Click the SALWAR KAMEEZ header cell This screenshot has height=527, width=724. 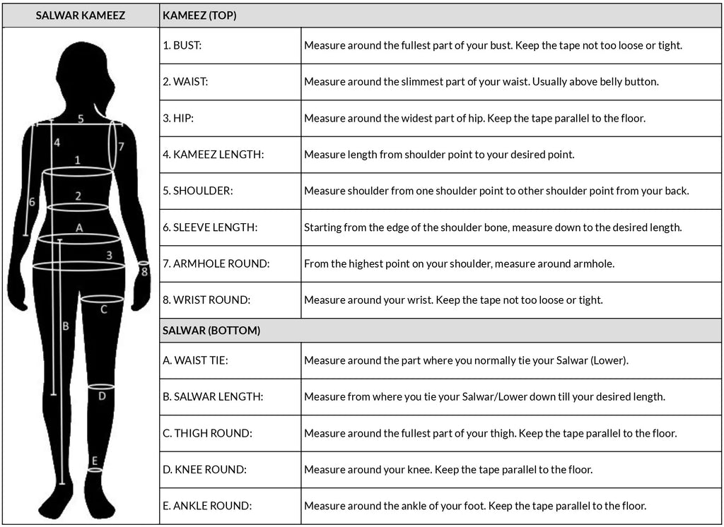point(80,15)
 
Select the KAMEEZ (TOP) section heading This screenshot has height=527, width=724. point(199,15)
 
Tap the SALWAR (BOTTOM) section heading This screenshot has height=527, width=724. point(211,330)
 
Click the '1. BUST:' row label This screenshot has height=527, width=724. point(182,45)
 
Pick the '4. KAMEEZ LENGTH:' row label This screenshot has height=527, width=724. point(213,154)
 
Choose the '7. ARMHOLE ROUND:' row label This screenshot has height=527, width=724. point(216,263)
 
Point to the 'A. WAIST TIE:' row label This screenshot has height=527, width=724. point(195,360)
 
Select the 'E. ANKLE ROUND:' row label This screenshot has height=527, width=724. point(207,506)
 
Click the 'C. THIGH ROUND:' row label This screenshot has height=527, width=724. point(207,433)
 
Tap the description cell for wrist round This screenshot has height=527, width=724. point(453,300)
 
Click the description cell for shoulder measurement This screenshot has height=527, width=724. point(496,191)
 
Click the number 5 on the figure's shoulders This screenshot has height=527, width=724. point(81,119)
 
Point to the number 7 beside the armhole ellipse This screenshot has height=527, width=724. point(121,147)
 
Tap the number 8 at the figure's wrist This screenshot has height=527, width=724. point(144,271)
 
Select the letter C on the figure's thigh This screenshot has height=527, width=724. point(103,309)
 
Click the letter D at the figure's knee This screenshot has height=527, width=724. point(102,396)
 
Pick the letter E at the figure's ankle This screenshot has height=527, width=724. point(94,461)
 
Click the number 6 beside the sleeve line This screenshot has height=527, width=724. point(32,202)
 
